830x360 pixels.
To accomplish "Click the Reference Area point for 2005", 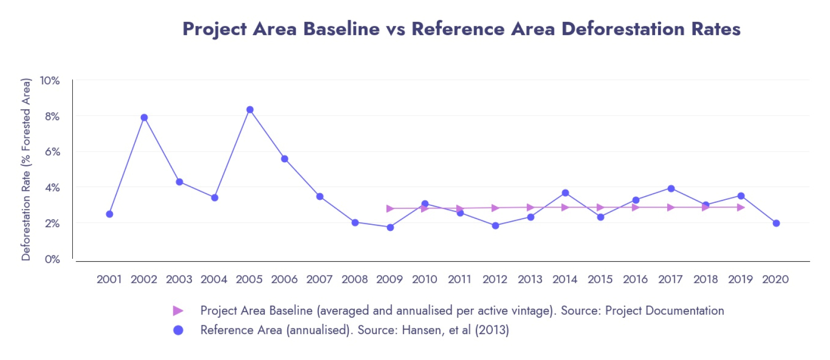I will [250, 110].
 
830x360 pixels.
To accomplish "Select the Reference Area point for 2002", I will [144, 117].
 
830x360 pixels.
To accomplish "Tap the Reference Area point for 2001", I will [109, 214].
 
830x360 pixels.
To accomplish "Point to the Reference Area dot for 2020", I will [776, 223].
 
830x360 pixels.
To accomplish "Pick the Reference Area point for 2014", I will [565, 193].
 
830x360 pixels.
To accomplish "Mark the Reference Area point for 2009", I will [390, 227].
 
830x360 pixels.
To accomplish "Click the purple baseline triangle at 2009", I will [390, 208].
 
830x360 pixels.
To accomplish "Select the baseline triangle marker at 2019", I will [741, 207].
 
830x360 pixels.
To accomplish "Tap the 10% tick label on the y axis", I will [50, 80].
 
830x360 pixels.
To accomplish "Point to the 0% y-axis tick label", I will [52, 259].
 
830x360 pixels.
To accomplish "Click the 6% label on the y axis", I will [52, 152].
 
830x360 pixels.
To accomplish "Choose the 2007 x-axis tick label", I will [319, 279].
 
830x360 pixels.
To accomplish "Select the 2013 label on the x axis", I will [530, 279].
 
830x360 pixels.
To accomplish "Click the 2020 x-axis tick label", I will [775, 279].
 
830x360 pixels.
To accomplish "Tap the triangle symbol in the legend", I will [178, 311].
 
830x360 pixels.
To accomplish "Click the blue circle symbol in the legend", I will [178, 330].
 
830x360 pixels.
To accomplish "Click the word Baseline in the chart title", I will [341, 29].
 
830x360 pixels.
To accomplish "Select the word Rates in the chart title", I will [716, 29].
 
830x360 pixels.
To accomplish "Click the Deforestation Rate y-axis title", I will [26, 169].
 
